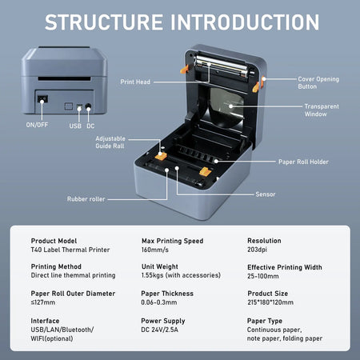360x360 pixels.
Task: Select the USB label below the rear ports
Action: tap(75, 125)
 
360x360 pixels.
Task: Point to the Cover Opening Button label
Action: tap(318, 82)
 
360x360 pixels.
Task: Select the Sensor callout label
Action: tap(266, 194)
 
